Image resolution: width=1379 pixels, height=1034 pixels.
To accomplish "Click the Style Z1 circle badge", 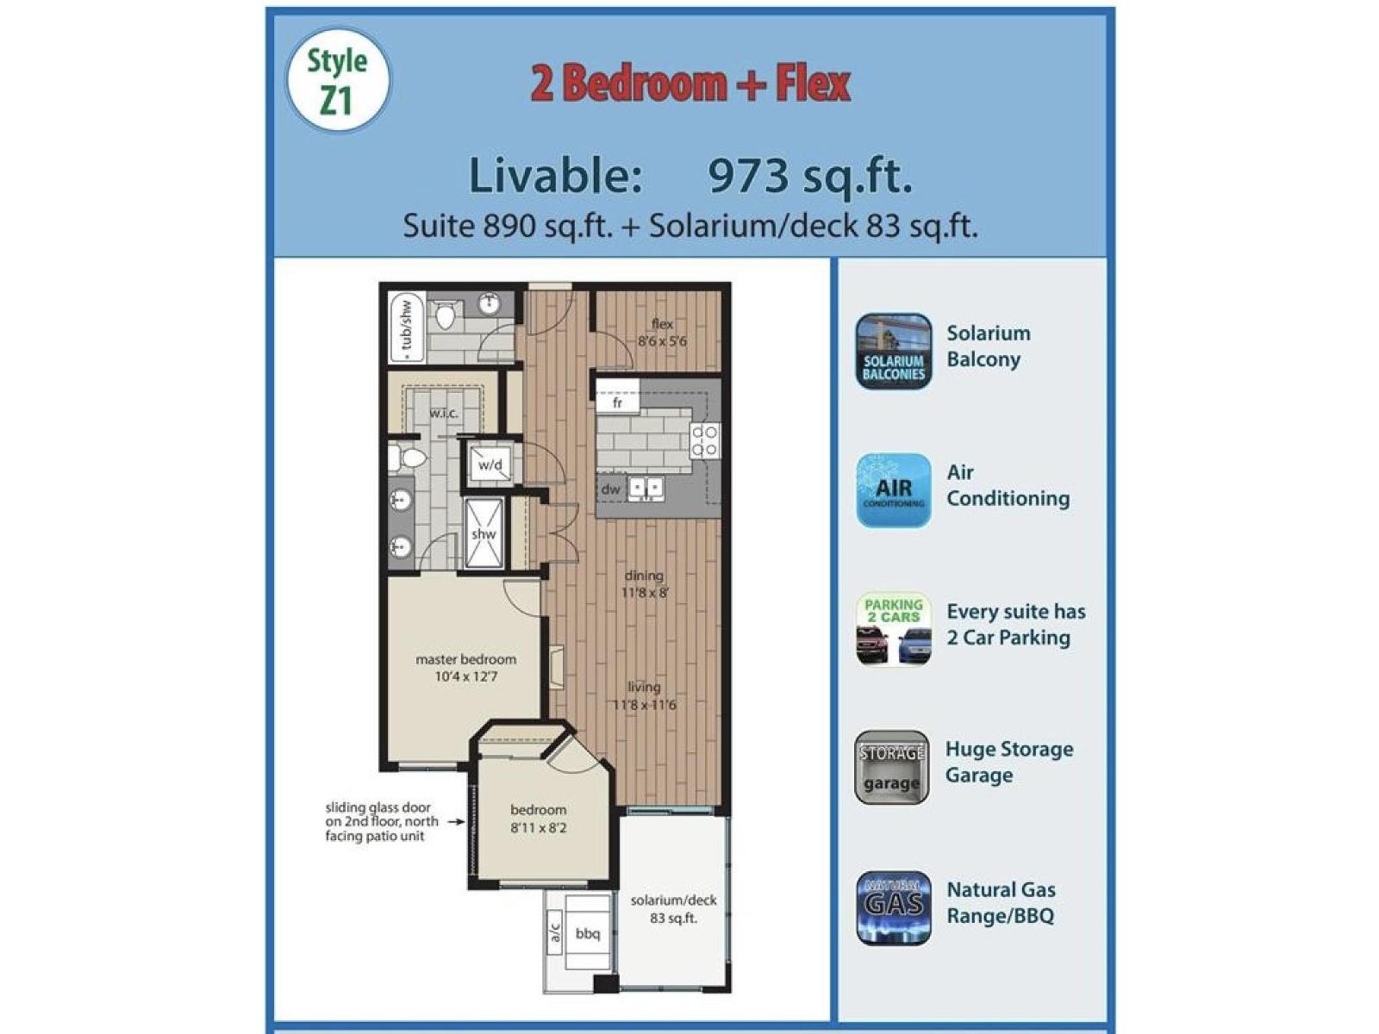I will (337, 80).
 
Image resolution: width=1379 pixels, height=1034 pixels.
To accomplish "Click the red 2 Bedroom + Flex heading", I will (690, 84).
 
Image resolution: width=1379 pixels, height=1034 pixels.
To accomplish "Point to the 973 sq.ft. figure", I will (809, 176).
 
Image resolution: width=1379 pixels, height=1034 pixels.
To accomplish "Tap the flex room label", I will (662, 325).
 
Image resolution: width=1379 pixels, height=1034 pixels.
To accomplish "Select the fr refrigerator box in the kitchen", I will (617, 402).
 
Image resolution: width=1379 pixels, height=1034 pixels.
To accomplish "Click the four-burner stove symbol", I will (704, 439).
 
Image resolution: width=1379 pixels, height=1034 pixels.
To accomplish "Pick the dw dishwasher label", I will (610, 489).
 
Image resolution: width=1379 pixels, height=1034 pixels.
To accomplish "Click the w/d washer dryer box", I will (490, 465).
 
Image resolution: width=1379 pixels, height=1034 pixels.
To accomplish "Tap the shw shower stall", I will (484, 533).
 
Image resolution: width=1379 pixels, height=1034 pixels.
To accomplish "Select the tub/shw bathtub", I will (405, 328).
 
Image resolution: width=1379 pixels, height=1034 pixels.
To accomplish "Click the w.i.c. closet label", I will (444, 413).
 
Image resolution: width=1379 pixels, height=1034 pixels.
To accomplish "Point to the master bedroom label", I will (465, 659).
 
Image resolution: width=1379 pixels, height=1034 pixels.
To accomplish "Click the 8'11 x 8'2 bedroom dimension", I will (538, 828).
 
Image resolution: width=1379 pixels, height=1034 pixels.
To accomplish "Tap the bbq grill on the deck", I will (587, 934).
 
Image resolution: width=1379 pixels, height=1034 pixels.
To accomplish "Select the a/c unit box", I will (554, 933).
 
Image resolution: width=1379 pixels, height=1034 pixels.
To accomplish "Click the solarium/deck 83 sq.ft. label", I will (673, 909).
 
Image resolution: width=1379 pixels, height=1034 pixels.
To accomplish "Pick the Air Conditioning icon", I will (893, 490).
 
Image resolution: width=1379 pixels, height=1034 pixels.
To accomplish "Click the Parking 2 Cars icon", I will (893, 630).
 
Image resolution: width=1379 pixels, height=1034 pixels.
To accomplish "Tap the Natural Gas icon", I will (893, 907).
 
